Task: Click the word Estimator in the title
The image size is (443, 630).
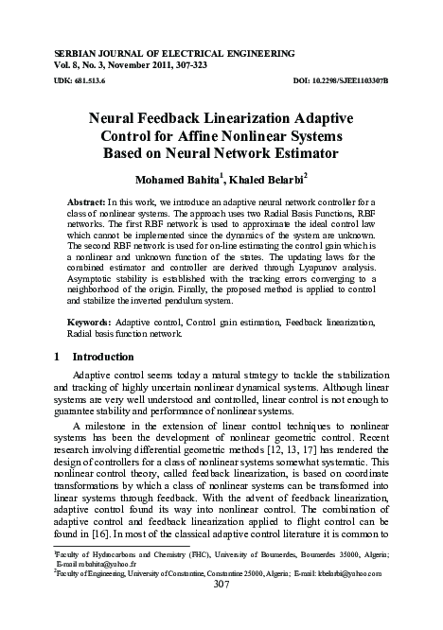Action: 306,153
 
